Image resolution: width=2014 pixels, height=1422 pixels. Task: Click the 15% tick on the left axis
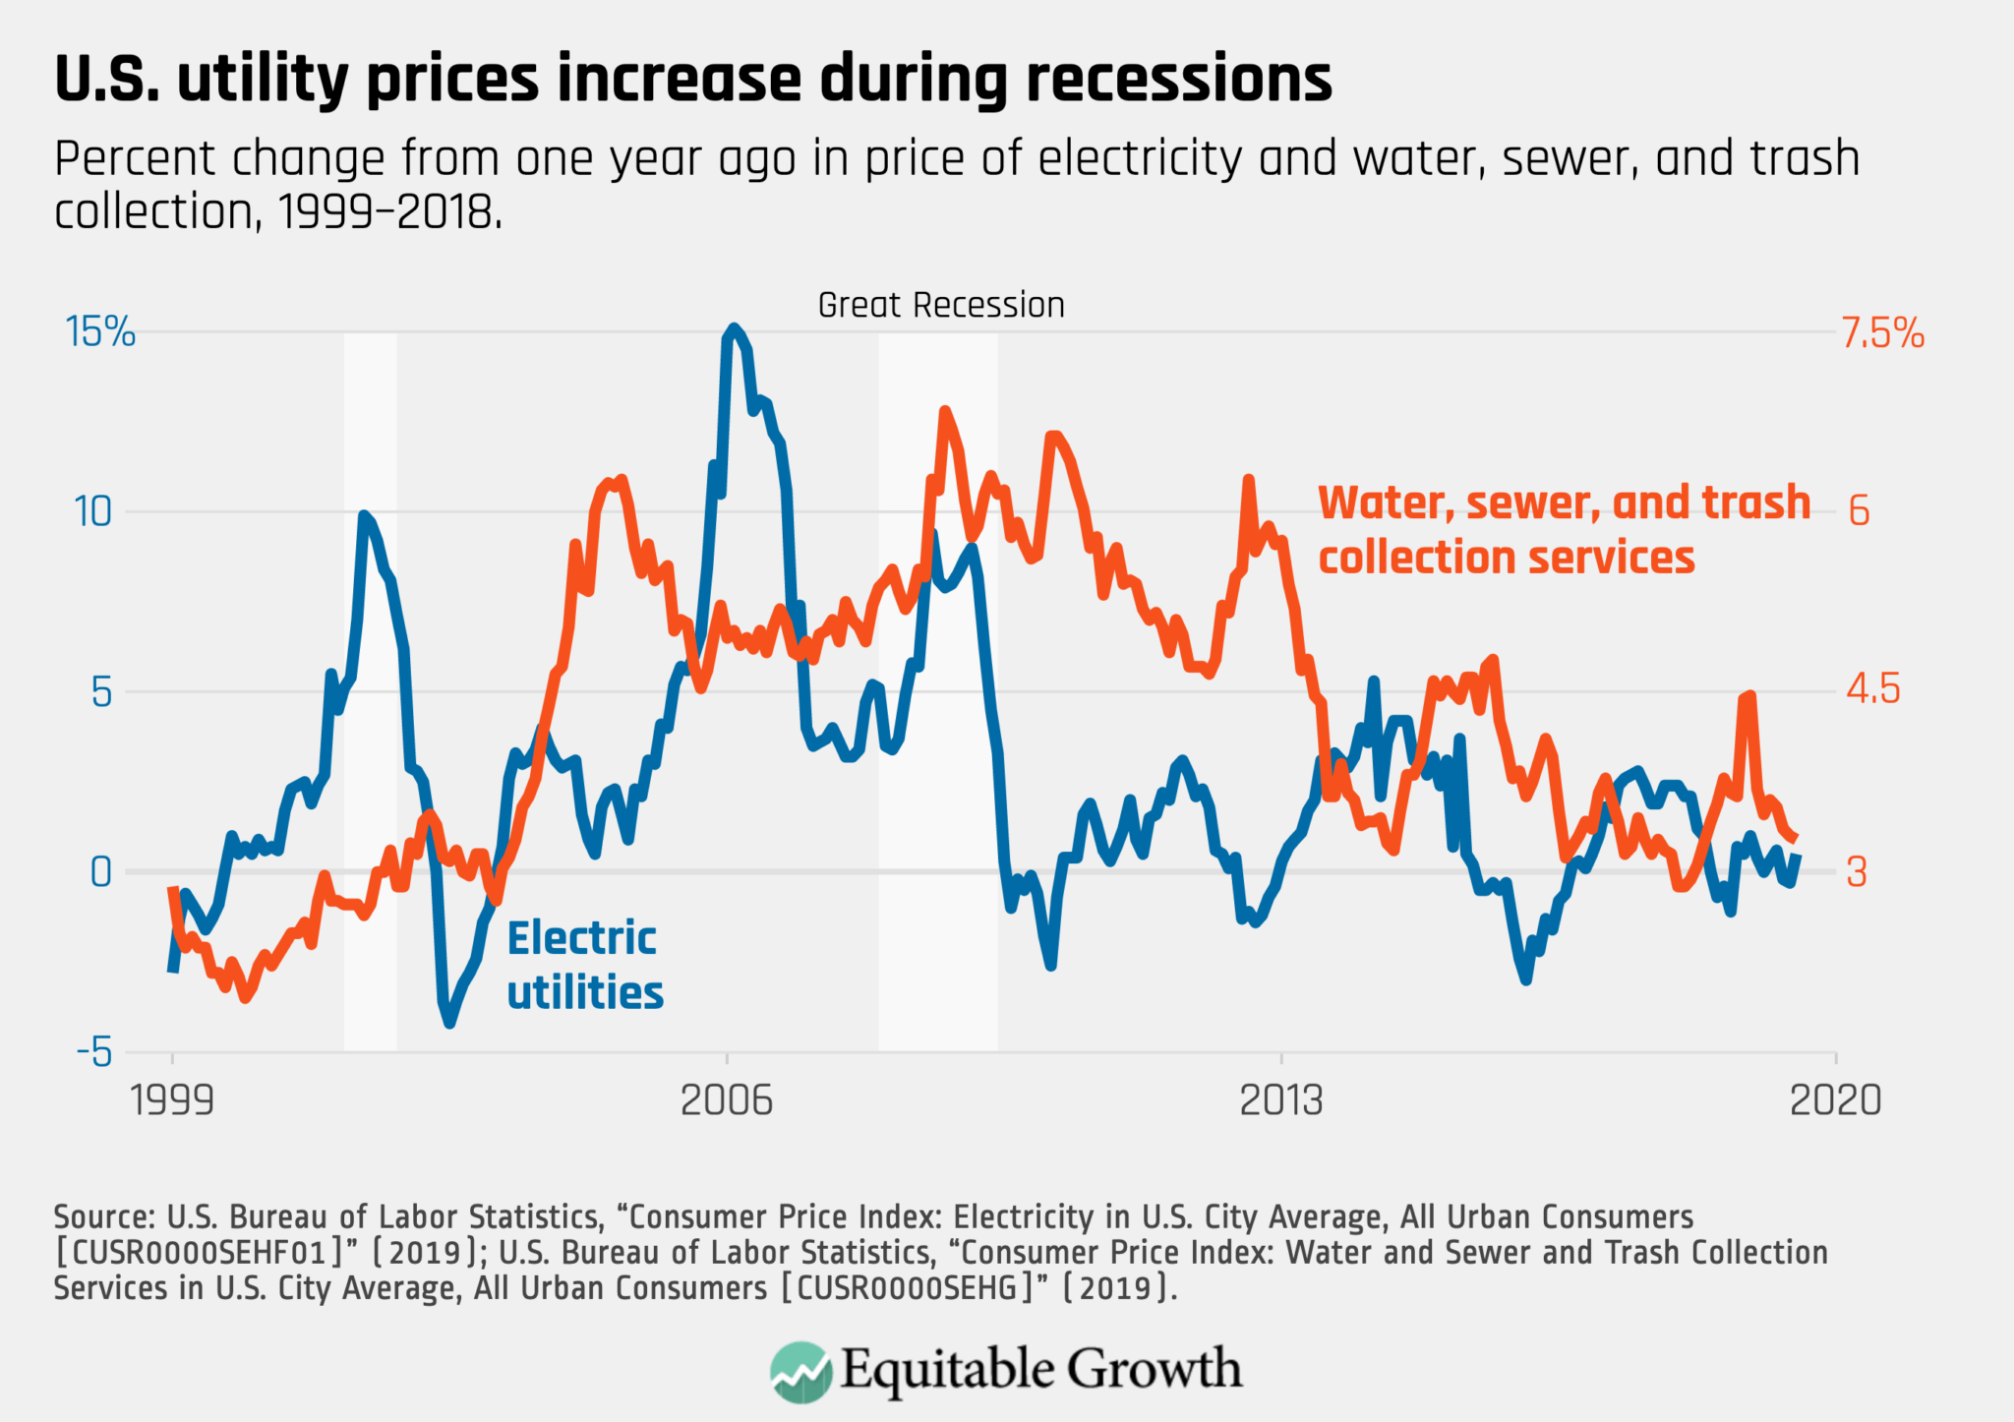[100, 332]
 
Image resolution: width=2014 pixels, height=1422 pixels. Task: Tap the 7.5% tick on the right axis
[1883, 333]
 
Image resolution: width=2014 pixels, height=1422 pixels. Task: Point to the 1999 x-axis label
[173, 1100]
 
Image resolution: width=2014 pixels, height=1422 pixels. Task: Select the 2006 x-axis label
[727, 1100]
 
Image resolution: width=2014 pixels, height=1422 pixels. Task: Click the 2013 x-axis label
[1281, 1100]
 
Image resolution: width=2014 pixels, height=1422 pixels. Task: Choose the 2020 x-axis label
[1835, 1100]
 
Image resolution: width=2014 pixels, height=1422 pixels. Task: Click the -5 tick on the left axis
[95, 1053]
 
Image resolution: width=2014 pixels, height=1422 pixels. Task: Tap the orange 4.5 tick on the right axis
[1873, 689]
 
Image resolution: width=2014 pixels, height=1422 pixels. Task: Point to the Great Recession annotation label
[941, 305]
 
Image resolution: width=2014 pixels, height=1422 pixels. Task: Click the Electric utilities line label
[585, 965]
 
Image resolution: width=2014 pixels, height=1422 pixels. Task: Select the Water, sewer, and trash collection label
[1564, 529]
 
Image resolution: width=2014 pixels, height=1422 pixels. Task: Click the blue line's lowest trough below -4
[449, 1023]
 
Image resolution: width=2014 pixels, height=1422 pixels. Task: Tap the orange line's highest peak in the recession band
[945, 411]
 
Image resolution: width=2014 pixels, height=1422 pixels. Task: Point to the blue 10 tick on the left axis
[93, 511]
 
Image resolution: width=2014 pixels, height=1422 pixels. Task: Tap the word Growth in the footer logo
[1155, 1369]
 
